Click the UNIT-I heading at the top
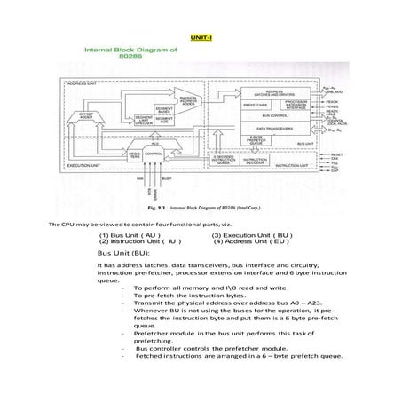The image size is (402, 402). [201, 38]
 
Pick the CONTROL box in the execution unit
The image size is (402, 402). [153, 154]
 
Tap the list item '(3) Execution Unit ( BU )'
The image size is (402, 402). [248, 235]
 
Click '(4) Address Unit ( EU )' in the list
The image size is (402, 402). [251, 241]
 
